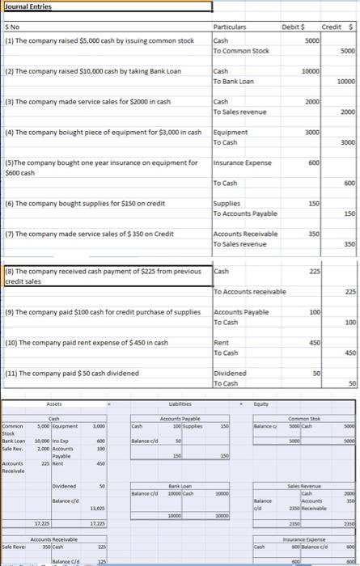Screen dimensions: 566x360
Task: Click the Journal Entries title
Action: point(27,6)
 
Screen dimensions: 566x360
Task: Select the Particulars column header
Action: point(234,27)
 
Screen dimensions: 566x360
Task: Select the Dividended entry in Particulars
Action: point(231,374)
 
